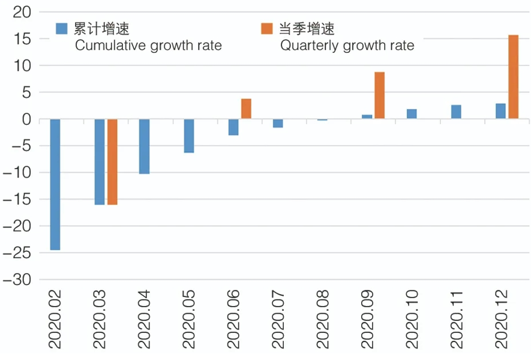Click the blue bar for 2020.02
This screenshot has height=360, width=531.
[x=55, y=184]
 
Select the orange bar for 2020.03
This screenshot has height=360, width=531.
[x=112, y=162]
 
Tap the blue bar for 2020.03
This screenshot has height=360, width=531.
[x=100, y=162]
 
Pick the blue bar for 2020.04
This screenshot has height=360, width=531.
[x=144, y=146]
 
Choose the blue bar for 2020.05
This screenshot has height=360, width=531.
[x=188, y=136]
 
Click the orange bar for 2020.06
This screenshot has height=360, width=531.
[x=246, y=109]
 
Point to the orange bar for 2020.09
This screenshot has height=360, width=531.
[x=379, y=95]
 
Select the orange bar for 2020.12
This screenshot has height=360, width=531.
[x=513, y=77]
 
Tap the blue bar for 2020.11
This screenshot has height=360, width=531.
[x=456, y=112]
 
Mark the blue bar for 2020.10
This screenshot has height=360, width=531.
[x=412, y=114]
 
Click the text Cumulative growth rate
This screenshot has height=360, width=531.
[x=148, y=46]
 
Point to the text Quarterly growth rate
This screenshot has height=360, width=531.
[x=346, y=46]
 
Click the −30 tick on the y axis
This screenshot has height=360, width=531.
[x=19, y=280]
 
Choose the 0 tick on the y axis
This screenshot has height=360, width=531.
[x=27, y=119]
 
